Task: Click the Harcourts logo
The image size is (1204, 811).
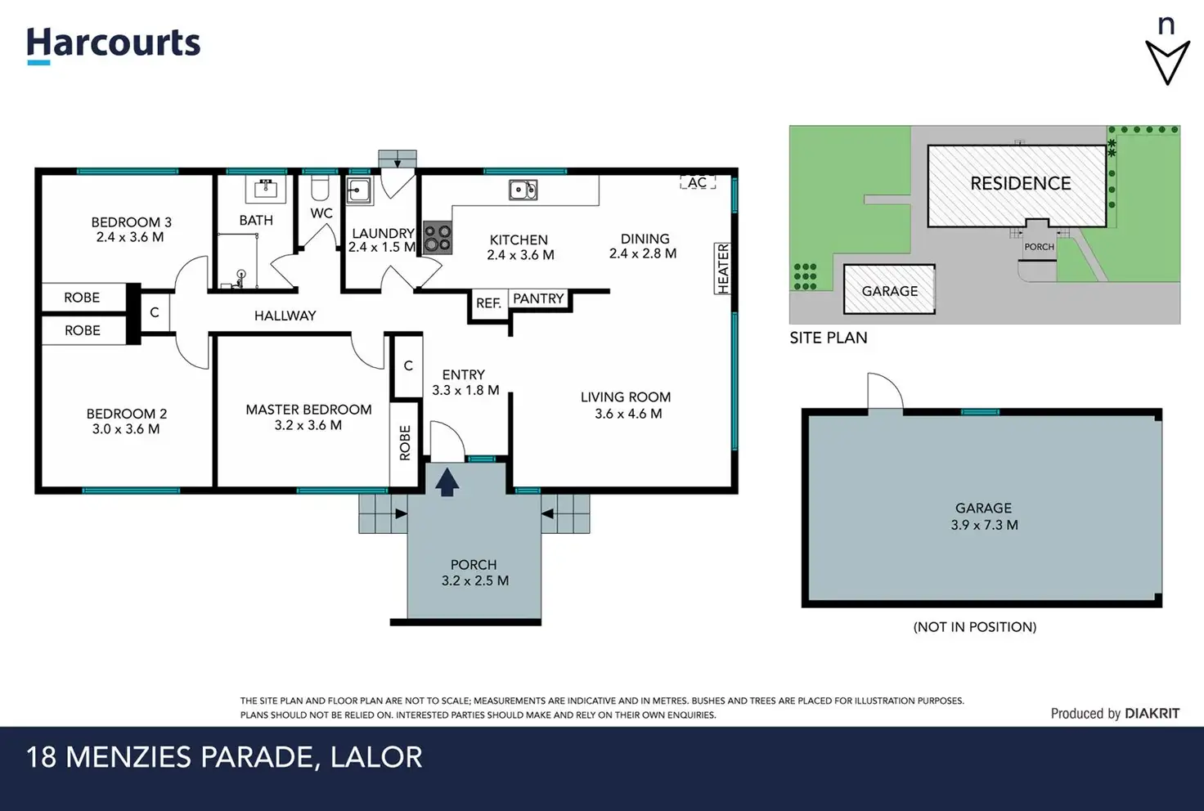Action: (x=114, y=46)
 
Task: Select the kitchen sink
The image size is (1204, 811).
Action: (x=523, y=190)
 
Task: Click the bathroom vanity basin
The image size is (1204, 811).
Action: (x=266, y=189)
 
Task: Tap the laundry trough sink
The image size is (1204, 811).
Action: (x=358, y=190)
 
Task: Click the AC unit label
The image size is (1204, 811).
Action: (x=698, y=182)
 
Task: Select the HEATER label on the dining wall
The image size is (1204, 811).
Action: (x=723, y=268)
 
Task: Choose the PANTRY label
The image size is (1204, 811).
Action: (x=538, y=298)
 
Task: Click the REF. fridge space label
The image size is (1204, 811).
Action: (x=488, y=303)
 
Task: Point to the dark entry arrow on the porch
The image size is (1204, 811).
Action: (x=447, y=482)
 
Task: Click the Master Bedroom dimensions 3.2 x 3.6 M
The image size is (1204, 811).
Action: (x=308, y=425)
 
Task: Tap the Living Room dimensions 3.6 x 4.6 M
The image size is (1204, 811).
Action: (x=628, y=414)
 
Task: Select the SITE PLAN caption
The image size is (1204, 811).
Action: (x=829, y=338)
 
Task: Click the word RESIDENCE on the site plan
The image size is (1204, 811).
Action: (x=1021, y=184)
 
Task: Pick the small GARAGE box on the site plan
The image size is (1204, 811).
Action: (x=890, y=289)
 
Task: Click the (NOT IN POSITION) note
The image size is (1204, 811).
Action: (x=975, y=627)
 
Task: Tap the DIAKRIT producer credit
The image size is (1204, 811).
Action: (x=1152, y=714)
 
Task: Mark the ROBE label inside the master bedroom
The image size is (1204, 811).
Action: (x=405, y=443)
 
